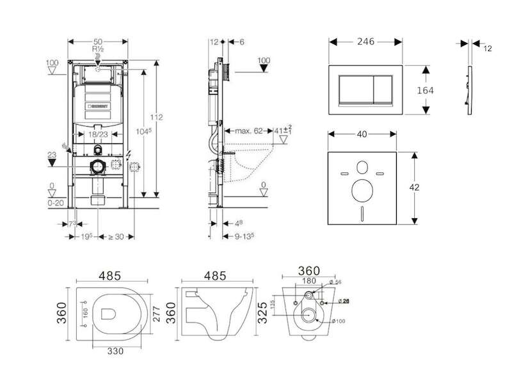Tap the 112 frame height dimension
click(157, 117)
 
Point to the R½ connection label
click(97, 49)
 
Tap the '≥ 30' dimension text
click(115, 237)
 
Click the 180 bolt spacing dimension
click(309, 280)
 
